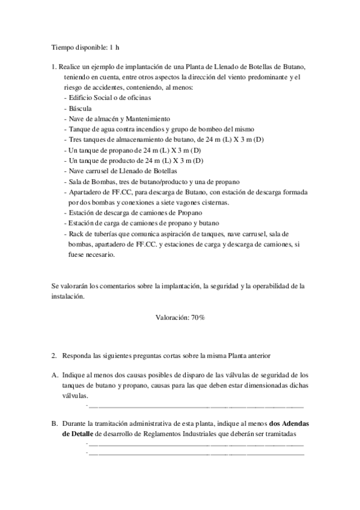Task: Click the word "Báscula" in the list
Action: [x=80, y=108]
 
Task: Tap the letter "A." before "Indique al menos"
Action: [x=55, y=375]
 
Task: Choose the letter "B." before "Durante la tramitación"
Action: [x=55, y=423]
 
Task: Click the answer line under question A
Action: [x=195, y=407]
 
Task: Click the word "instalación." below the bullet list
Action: [x=68, y=296]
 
